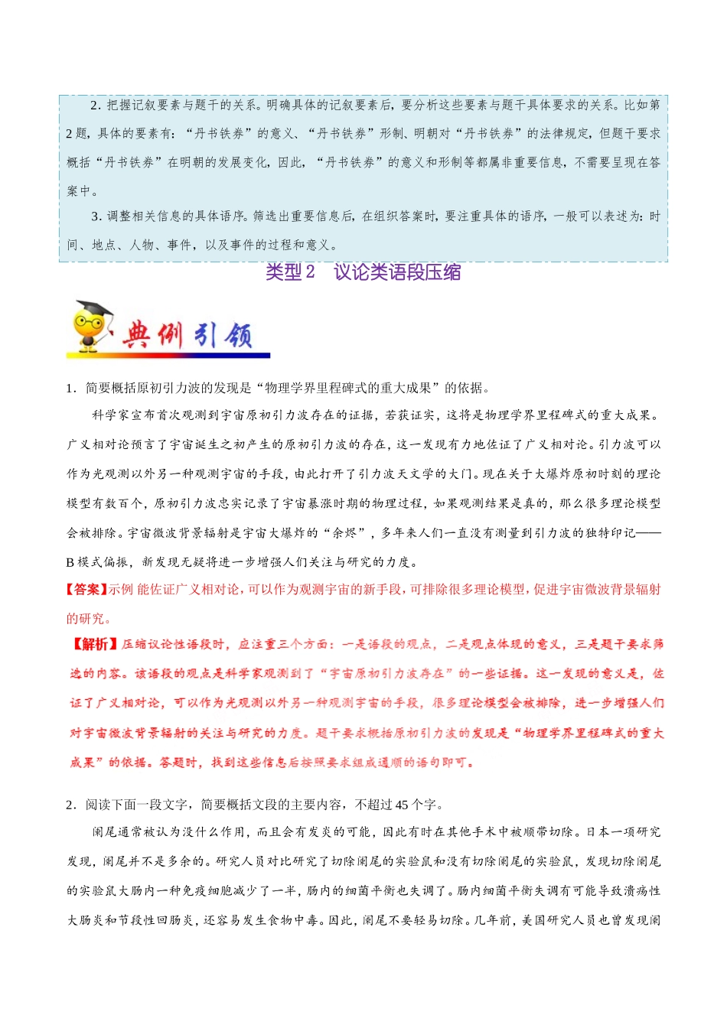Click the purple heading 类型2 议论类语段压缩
[363, 272]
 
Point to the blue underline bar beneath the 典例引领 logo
[168, 355]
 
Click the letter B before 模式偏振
[70, 562]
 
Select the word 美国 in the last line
[534, 920]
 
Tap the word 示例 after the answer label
[121, 590]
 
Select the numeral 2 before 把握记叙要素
[94, 105]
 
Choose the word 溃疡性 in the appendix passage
[641, 891]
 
